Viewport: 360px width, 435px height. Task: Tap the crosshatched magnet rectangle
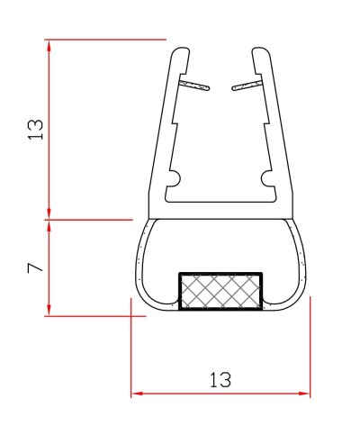(x=220, y=291)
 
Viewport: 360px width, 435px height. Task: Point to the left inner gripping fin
(x=194, y=86)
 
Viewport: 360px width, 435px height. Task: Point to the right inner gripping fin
(x=247, y=86)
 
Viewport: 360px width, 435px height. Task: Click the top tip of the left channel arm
(x=181, y=50)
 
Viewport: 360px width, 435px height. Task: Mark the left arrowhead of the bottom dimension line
(x=136, y=394)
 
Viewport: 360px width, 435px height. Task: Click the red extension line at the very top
(x=108, y=40)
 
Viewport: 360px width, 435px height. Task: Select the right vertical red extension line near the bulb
(x=310, y=351)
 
